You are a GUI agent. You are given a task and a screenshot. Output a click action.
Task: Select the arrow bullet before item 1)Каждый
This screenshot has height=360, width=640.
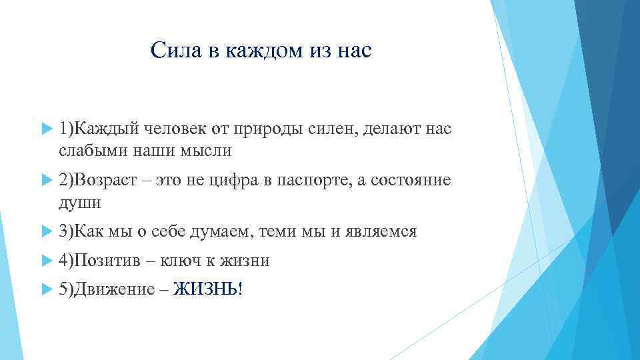click(x=46, y=127)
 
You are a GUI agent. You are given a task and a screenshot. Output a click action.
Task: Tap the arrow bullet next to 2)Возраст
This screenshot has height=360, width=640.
click(x=46, y=180)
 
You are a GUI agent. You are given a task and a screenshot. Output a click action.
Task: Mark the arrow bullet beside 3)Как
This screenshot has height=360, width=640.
click(x=46, y=232)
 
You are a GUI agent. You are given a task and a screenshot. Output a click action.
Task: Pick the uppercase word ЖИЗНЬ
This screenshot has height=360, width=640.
click(x=204, y=289)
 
